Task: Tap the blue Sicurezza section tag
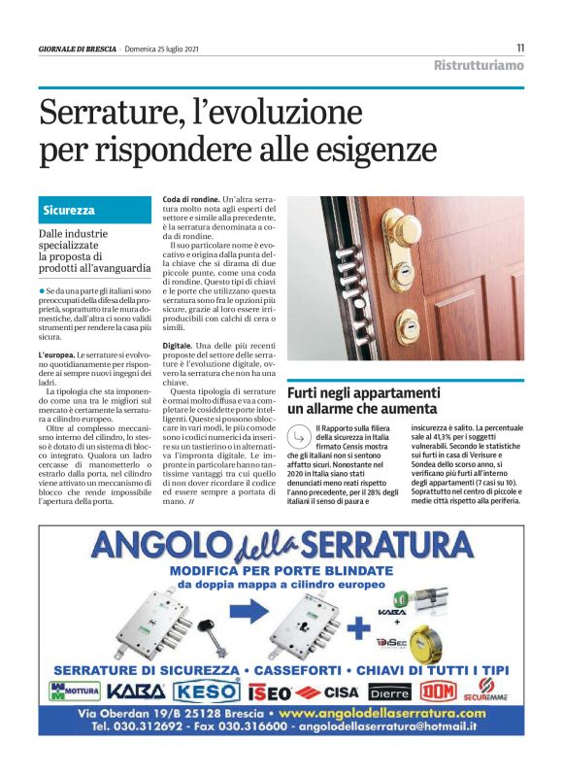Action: (68, 210)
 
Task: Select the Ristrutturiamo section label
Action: (478, 65)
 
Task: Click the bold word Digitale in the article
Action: (177, 346)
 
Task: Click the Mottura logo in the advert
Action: (73, 692)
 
